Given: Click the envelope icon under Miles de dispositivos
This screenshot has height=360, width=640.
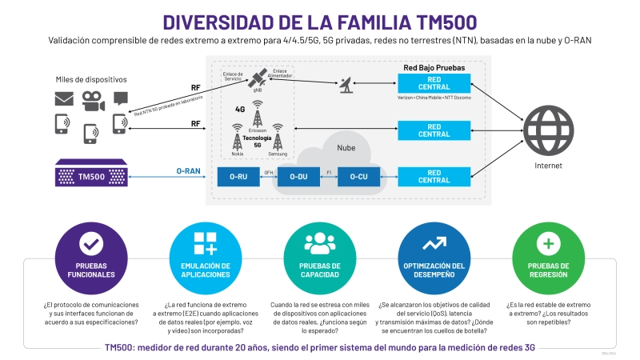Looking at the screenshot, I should [x=63, y=99].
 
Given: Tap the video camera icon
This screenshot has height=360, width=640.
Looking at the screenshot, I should [x=91, y=99].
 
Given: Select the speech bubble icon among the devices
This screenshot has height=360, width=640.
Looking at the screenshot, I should [x=120, y=98].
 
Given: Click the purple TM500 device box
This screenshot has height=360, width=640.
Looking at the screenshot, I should [x=91, y=173].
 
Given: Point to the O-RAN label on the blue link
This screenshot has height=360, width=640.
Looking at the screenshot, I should [x=189, y=170].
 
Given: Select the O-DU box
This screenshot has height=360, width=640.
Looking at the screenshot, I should [x=298, y=177].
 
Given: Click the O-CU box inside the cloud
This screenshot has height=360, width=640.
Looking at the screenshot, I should [x=358, y=177].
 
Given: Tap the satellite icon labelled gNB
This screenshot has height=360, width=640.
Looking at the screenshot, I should [x=258, y=79].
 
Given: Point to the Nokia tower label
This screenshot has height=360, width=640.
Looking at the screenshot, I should [x=238, y=154].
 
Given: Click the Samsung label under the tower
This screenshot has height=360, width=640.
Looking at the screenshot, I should [x=278, y=154].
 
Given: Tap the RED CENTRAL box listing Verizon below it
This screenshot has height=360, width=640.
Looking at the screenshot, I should [x=434, y=83].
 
